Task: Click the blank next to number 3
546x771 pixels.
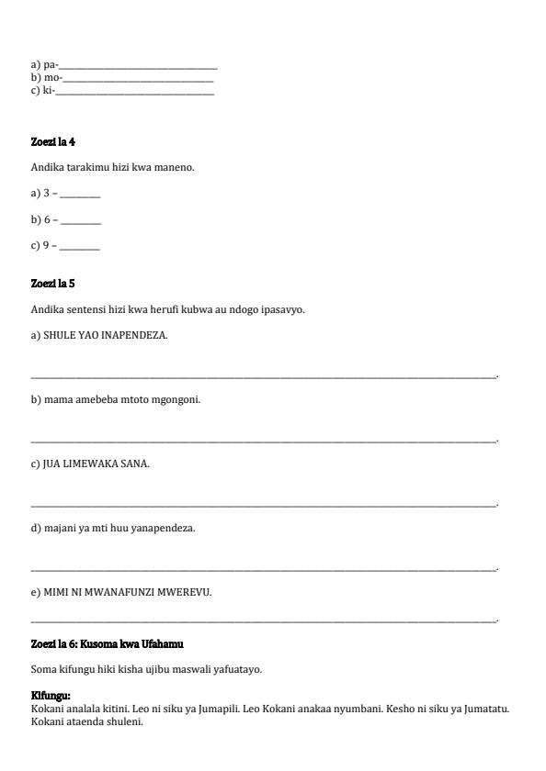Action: pos(81,196)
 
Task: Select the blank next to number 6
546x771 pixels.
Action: pos(81,222)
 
